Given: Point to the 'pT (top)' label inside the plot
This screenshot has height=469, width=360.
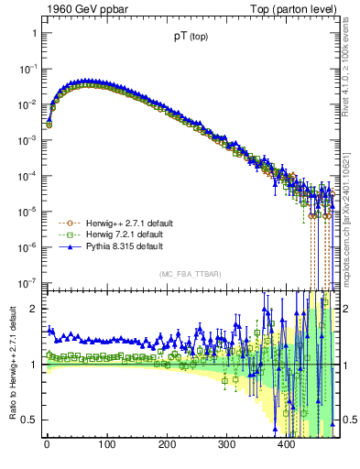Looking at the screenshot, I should coord(190,38).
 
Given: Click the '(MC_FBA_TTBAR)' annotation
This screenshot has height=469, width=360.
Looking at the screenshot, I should coord(189,275).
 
